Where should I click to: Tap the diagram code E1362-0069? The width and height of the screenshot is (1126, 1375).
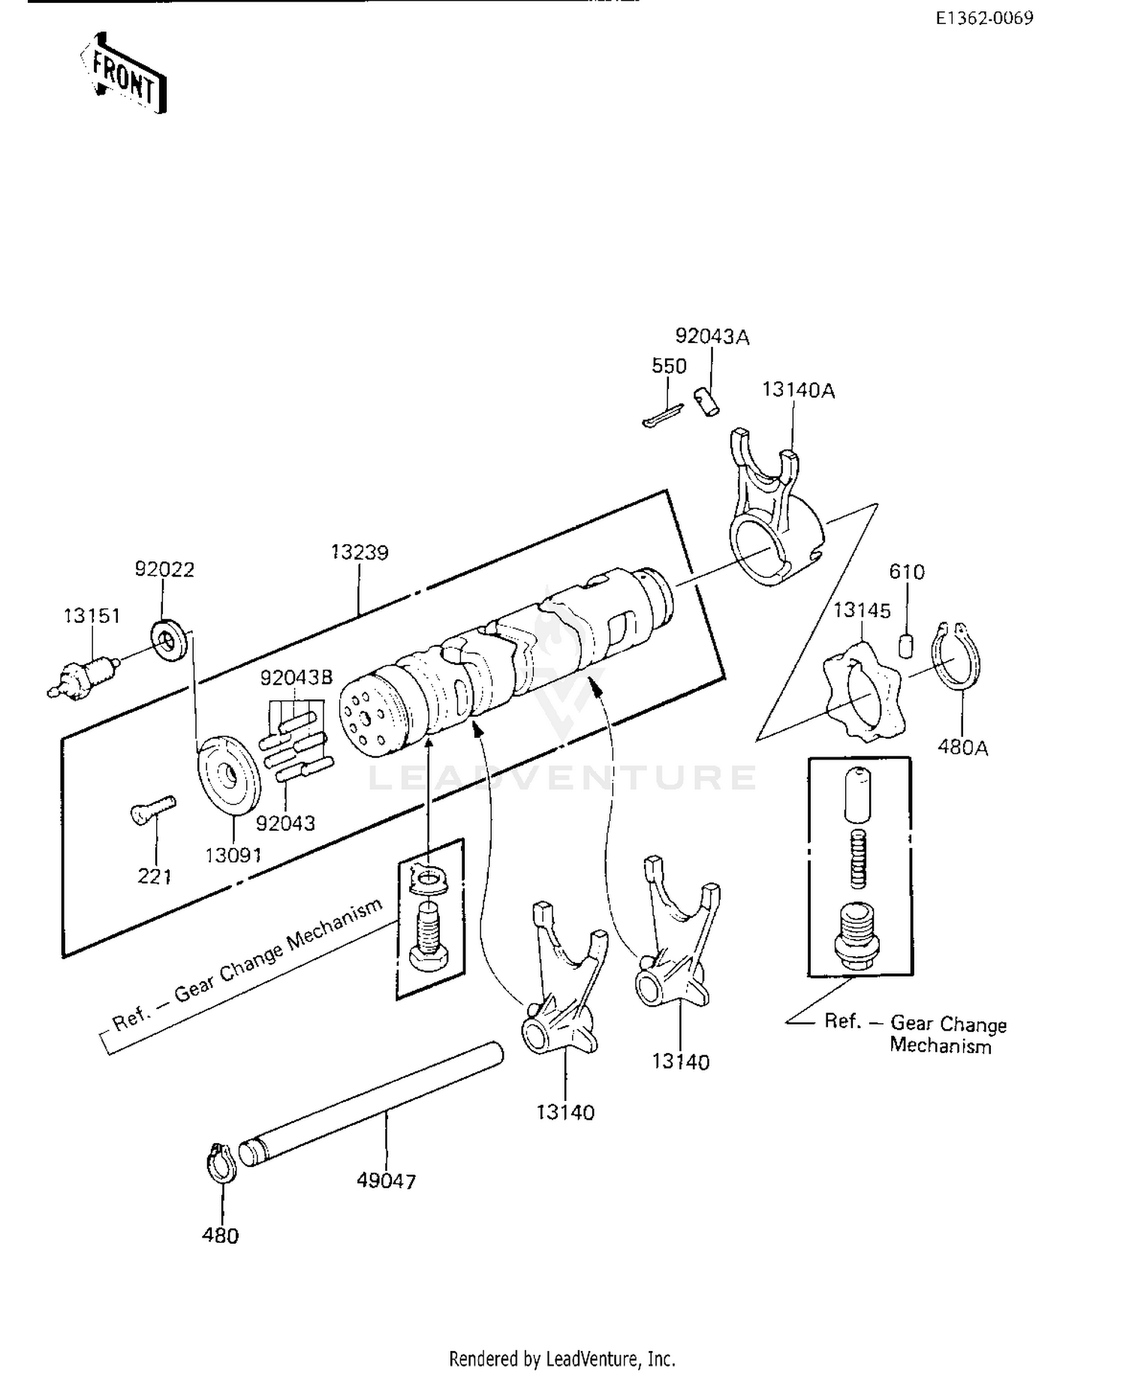tap(984, 18)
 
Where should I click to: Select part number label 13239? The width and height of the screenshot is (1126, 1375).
tap(360, 552)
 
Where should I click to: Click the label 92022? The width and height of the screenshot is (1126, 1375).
tap(164, 570)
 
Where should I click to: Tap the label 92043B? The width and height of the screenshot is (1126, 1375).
tap(296, 678)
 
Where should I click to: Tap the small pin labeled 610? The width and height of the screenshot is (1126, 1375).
tap(907, 645)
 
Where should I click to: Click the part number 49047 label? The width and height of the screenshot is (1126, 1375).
tap(386, 1181)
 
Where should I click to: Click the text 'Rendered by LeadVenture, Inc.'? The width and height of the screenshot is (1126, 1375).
tap(562, 1358)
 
